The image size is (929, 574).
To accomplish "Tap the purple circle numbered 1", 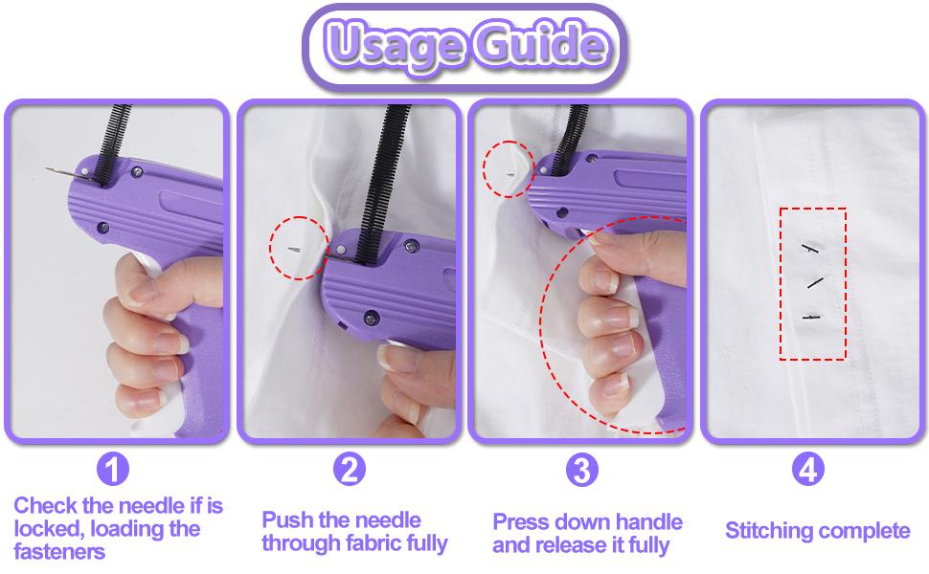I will point(114,470).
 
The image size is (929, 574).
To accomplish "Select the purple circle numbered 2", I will point(349,470).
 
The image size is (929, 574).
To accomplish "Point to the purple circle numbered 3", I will point(581,470).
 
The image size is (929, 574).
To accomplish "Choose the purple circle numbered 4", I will point(808,470).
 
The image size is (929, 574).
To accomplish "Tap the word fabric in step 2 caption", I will point(369,544).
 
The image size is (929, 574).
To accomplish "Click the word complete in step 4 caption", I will point(867,530).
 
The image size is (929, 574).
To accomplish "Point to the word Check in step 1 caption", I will point(46,505).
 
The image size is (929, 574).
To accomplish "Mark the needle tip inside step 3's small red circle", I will point(510,173).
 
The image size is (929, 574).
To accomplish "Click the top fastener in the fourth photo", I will point(812,248).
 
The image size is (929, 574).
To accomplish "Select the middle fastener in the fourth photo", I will point(815,283).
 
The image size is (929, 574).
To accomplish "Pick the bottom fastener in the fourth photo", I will point(812,316).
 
